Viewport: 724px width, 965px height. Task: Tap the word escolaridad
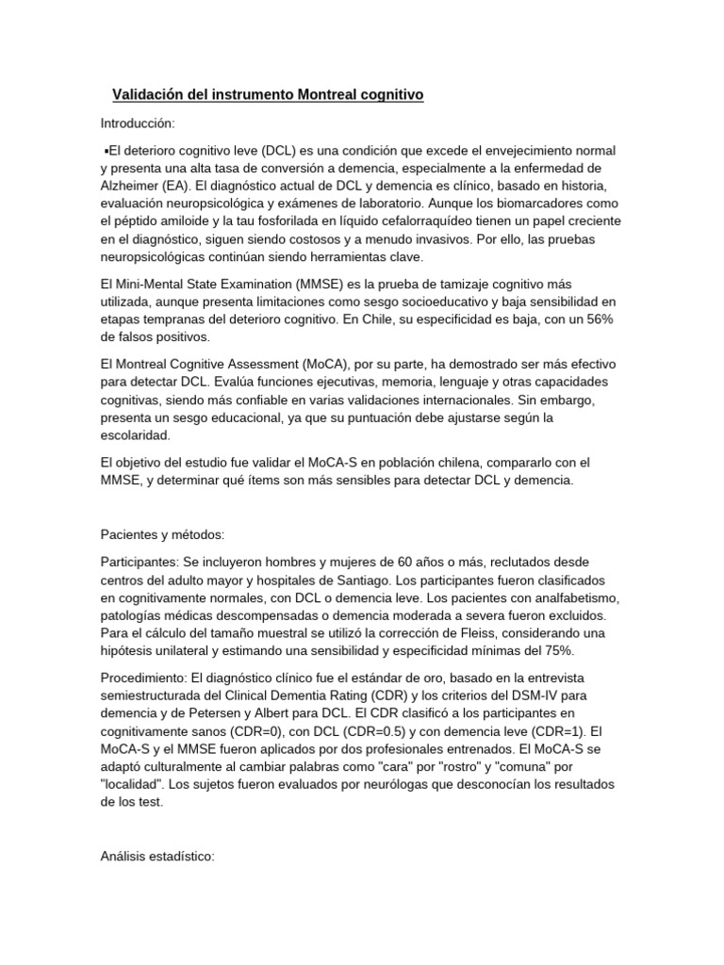pyautogui.click(x=135, y=435)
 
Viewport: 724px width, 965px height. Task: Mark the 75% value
pyautogui.click(x=555, y=650)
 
